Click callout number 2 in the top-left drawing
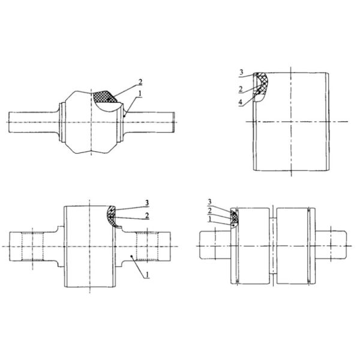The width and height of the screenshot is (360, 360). pos(140,82)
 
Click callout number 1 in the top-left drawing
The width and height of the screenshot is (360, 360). pos(140,94)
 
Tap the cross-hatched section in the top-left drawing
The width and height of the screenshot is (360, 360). pos(104,97)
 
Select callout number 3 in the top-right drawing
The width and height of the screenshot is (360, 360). pos(241,73)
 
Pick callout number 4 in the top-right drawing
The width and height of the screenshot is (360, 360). pos(241,102)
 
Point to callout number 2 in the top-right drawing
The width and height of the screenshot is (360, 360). pos(241,89)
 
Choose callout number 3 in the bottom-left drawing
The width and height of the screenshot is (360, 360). pos(147,203)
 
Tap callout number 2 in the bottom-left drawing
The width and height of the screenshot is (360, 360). pos(147,215)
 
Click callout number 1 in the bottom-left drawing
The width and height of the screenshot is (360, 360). pos(148,275)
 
